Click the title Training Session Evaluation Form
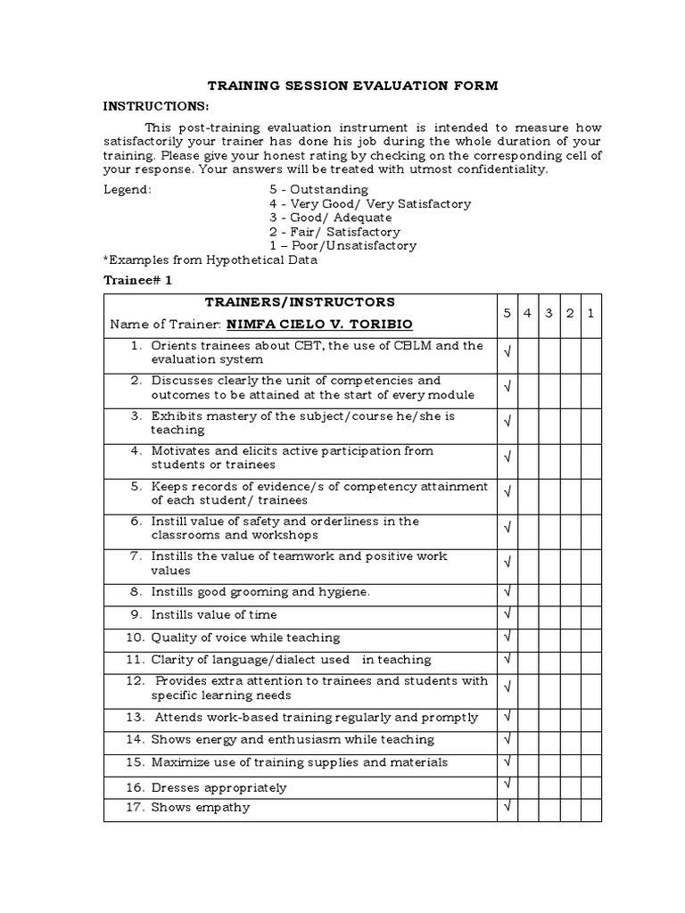352,86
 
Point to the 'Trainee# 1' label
138,280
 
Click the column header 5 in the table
507,314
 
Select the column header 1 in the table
590,314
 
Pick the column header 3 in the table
549,314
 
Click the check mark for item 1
507,353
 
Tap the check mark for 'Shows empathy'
507,808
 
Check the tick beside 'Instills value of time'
507,614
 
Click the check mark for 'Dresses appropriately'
507,785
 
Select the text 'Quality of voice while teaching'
245,637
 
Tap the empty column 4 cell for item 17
528,809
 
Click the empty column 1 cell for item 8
590,592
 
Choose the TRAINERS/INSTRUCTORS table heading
300,302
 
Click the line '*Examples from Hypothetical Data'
210,260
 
